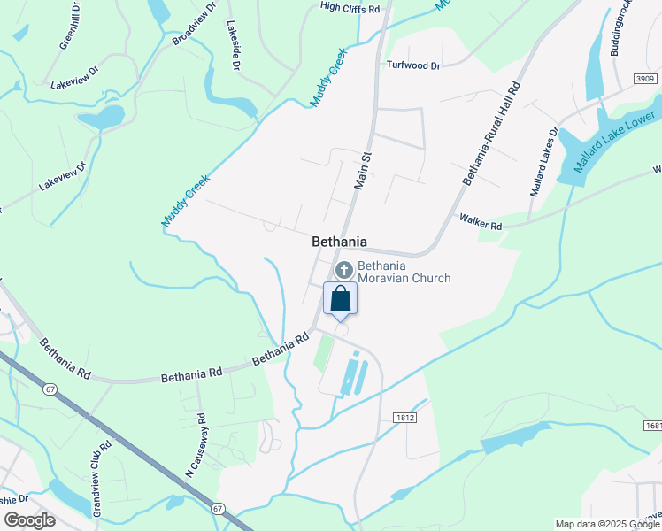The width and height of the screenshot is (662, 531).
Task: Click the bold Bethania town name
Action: [x=339, y=242]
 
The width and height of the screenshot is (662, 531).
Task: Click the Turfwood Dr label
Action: [x=413, y=65]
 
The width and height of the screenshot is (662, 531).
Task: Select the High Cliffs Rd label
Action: [x=350, y=8]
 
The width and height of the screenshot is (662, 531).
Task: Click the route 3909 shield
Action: [x=645, y=80]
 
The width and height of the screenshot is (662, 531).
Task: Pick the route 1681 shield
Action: [x=653, y=426]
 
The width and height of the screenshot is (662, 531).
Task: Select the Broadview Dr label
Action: [x=195, y=24]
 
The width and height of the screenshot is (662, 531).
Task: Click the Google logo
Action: [x=29, y=520]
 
